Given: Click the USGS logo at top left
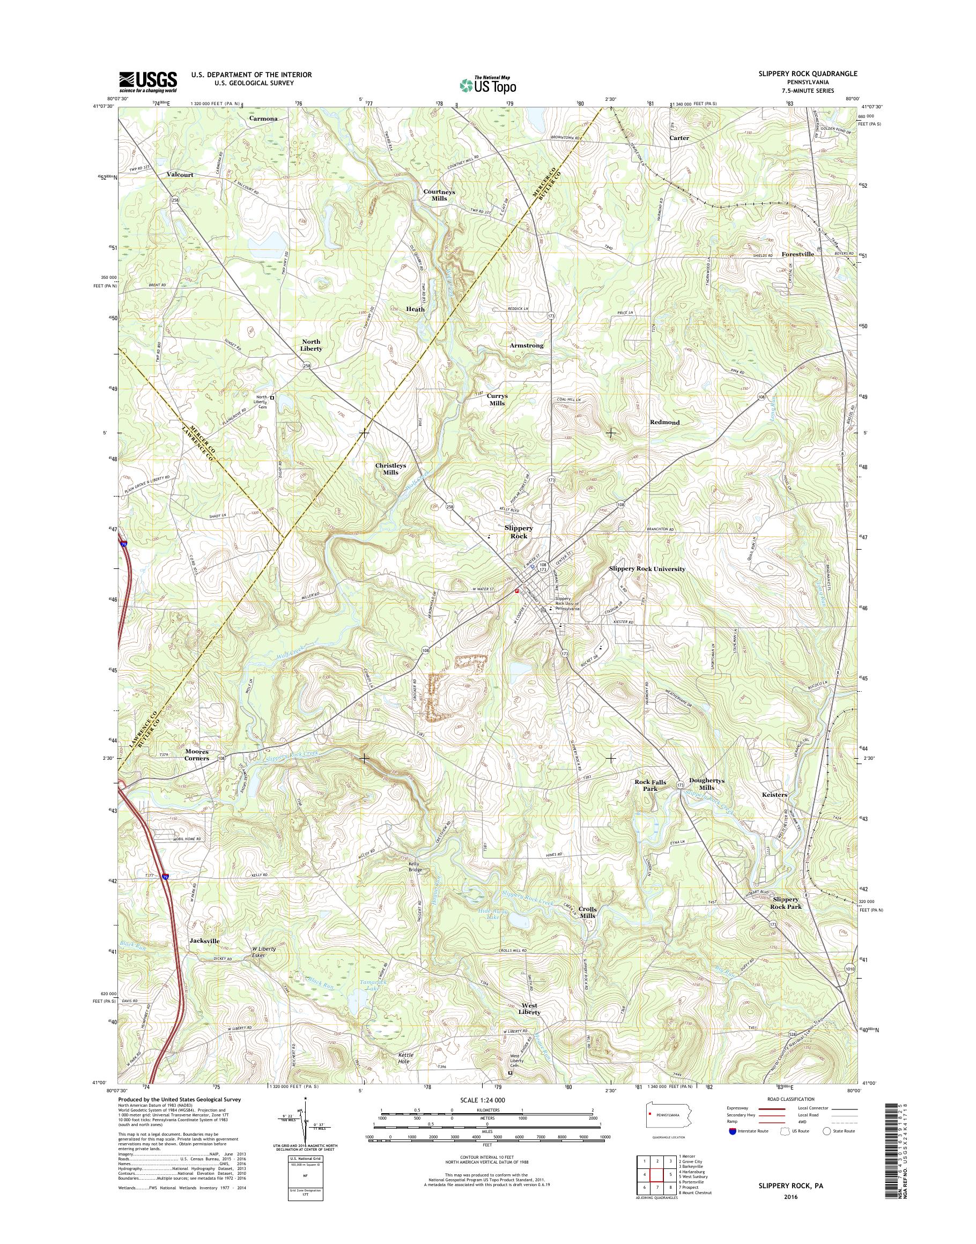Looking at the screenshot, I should coord(147,82).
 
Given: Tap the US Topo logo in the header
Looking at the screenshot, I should coord(487,85).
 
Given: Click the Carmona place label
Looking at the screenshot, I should coord(263,119).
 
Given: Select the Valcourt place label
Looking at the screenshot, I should coord(180,175).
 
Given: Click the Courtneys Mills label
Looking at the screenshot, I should coord(439,195).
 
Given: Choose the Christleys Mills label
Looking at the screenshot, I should coord(390,469).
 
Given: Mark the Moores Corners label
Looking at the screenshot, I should coord(197,755).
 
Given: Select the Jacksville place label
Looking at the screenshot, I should coord(204,940).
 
